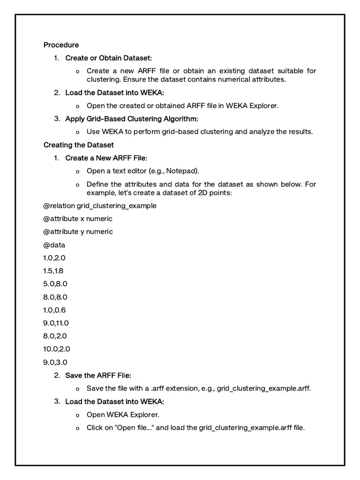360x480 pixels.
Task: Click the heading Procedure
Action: [61, 45]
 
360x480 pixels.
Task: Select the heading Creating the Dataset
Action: [78, 145]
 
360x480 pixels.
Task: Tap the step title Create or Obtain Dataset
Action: [108, 58]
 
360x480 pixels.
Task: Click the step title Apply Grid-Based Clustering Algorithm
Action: [132, 119]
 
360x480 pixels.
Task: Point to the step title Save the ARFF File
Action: [98, 375]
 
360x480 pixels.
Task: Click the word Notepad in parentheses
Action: [189, 171]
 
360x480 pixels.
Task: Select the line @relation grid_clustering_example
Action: [100, 206]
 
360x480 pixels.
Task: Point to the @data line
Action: [54, 245]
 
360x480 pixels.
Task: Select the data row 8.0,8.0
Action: [55, 297]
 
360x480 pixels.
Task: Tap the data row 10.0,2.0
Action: [57, 349]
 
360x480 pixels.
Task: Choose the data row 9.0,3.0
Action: [55, 362]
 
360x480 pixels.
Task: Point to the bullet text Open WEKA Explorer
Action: [123, 414]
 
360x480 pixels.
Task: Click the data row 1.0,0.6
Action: [55, 310]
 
